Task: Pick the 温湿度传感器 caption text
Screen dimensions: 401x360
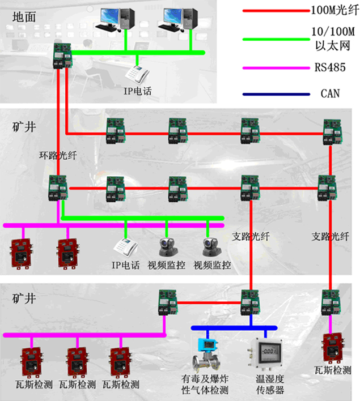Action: pos(264,385)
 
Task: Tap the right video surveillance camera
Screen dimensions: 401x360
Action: pos(209,245)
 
